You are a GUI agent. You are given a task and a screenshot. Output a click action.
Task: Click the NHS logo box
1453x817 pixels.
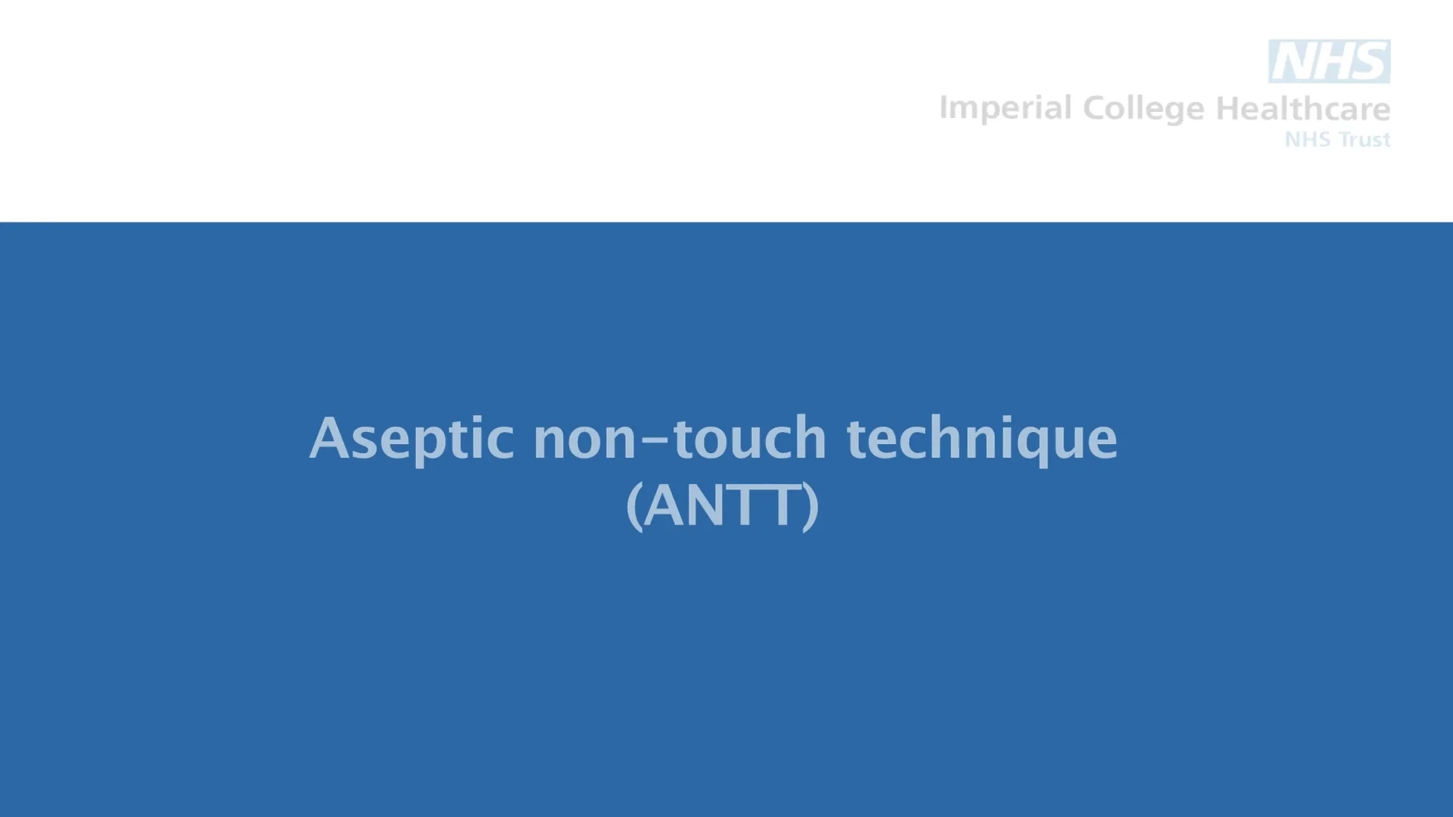(x=1329, y=61)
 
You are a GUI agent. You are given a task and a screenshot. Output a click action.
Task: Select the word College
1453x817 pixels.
(x=1144, y=109)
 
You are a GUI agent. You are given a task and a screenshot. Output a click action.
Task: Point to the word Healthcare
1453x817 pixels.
(x=1302, y=109)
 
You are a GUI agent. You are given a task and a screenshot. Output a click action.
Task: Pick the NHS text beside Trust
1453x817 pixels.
(x=1308, y=140)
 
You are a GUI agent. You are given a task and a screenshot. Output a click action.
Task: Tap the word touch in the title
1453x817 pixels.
(x=749, y=439)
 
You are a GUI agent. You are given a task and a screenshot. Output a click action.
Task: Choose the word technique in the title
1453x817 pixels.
(x=982, y=439)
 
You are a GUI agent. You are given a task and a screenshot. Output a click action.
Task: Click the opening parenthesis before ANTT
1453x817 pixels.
(x=634, y=507)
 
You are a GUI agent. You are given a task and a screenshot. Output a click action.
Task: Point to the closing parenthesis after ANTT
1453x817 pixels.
(x=811, y=507)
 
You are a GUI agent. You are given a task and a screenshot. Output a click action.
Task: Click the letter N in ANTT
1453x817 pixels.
(x=703, y=505)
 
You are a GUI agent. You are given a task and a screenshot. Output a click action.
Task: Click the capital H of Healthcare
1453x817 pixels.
(x=1228, y=109)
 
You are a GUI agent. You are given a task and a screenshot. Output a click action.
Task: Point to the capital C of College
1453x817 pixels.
(x=1096, y=109)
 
